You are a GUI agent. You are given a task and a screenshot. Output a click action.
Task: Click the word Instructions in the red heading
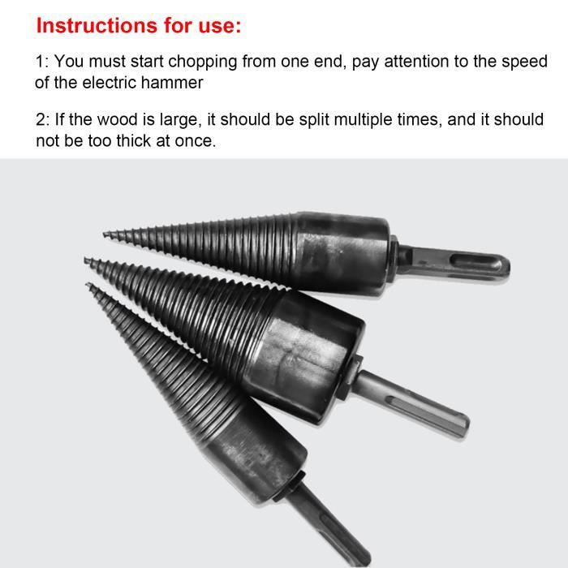click(97, 26)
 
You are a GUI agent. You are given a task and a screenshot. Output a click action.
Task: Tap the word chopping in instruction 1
click(203, 62)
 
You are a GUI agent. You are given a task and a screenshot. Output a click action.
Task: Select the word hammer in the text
click(172, 83)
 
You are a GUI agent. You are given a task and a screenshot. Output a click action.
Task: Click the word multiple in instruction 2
click(363, 120)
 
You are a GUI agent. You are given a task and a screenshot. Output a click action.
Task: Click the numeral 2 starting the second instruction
click(41, 119)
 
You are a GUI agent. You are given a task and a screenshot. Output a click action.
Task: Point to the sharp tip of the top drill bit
click(104, 234)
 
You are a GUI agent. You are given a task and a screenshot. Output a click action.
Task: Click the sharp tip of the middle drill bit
click(85, 260)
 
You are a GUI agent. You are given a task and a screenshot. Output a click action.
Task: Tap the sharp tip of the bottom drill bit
click(88, 285)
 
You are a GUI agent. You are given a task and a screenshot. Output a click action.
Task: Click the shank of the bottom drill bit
click(326, 525)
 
